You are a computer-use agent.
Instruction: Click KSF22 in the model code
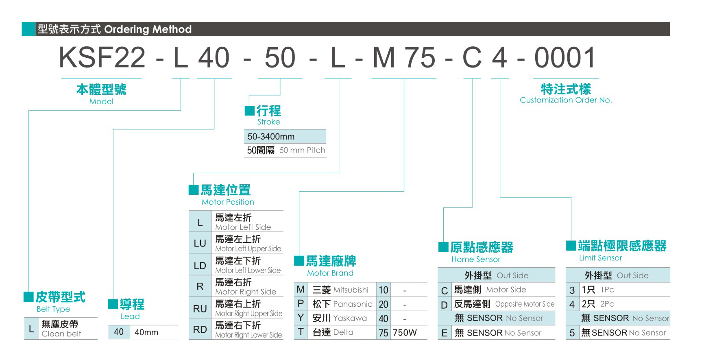[102, 57]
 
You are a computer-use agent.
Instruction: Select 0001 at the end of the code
[565, 57]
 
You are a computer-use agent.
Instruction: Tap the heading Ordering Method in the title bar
[148, 29]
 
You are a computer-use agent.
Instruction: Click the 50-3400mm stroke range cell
[271, 137]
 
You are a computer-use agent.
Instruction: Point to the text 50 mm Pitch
[302, 150]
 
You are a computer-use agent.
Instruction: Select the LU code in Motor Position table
[200, 243]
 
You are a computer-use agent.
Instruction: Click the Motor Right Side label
[246, 292]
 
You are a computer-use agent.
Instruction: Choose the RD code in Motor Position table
[200, 329]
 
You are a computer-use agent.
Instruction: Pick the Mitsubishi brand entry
[351, 290]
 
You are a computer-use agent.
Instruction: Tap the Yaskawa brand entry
[350, 318]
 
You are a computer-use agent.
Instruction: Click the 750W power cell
[405, 333]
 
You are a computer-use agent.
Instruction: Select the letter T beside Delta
[301, 332]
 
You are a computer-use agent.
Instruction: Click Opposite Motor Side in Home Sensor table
[525, 304]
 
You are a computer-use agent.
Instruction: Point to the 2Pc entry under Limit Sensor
[607, 304]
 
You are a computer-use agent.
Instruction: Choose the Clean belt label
[61, 334]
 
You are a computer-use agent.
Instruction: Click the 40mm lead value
[146, 332]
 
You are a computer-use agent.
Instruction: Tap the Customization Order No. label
[566, 100]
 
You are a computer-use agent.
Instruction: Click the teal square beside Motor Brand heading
[299, 261]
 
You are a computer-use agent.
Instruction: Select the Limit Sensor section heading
[600, 258]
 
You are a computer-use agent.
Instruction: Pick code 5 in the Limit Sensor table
[572, 333]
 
